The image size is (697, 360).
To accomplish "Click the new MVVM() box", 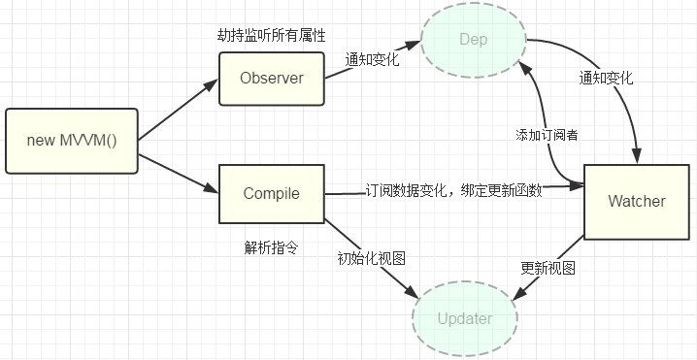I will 72,141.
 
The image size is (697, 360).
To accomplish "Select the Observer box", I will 272,78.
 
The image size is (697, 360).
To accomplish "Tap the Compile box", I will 271,193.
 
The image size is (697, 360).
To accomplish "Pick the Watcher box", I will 636,201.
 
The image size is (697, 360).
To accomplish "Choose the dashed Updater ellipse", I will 464,318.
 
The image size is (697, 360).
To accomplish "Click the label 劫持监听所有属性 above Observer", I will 271,36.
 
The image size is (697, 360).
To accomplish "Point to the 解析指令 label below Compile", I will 271,246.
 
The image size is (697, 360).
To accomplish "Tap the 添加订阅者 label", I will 548,135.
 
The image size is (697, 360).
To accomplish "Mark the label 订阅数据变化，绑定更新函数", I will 453,191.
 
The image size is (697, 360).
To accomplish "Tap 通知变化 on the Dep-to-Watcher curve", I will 605,79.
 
